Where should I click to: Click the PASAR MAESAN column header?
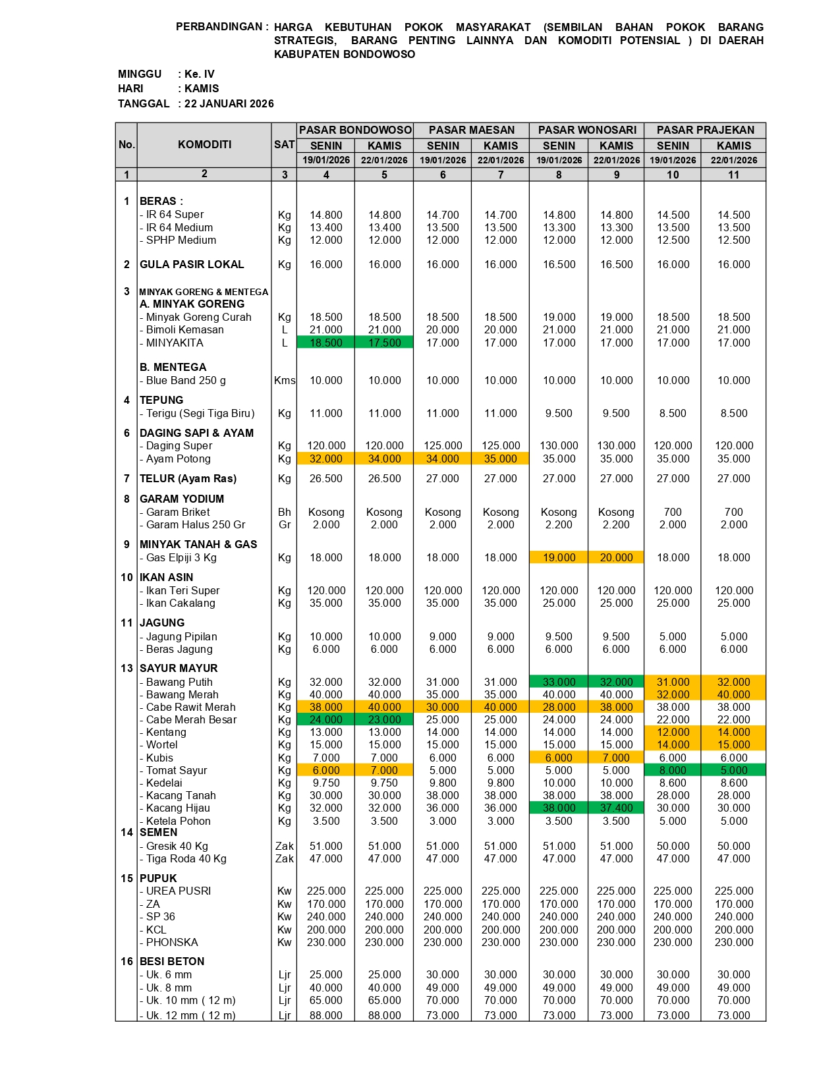[471, 130]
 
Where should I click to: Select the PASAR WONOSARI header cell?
[587, 130]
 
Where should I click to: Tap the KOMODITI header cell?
[204, 145]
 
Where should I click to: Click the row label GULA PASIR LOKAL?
[192, 265]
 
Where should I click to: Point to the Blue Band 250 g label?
[185, 381]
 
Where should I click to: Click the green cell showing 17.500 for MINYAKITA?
[384, 343]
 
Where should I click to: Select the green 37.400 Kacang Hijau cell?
[616, 808]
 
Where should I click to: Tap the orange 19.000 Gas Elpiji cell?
[559, 558]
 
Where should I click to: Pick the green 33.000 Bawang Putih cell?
[559, 683]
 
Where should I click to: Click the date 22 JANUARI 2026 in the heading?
[229, 103]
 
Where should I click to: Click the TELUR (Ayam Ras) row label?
[188, 479]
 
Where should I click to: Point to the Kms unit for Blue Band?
[285, 381]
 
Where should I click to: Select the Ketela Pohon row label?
[178, 822]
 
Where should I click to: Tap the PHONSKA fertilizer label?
[171, 943]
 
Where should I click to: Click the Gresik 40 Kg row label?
[177, 847]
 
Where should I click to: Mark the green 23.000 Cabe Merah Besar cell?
[384, 720]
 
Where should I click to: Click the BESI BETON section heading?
[172, 962]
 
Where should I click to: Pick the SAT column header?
[285, 145]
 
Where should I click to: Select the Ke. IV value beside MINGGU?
[200, 74]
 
